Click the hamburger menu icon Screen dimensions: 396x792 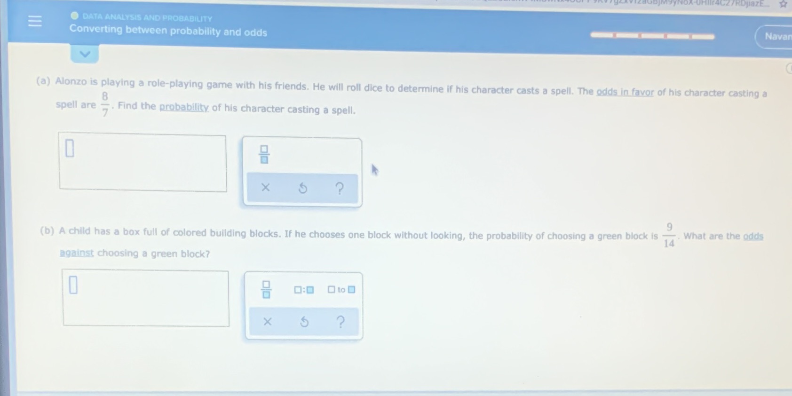35,21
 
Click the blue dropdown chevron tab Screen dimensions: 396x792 85,54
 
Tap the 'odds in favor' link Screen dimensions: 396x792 625,92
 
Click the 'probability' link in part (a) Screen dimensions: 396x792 184,107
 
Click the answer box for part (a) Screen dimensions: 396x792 143,163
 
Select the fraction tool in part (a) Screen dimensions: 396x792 264,154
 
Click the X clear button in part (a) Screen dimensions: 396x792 265,188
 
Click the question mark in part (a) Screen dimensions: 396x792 340,189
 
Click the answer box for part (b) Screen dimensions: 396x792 146,298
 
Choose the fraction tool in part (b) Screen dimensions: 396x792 266,289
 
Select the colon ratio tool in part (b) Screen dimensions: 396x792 304,290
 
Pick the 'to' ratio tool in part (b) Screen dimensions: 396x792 341,290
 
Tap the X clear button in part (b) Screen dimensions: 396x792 267,322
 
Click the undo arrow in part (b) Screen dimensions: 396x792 304,322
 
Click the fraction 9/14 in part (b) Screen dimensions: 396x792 669,235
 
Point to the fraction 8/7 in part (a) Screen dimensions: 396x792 105,104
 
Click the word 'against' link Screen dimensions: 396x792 77,253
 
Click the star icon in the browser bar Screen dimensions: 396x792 783,4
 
